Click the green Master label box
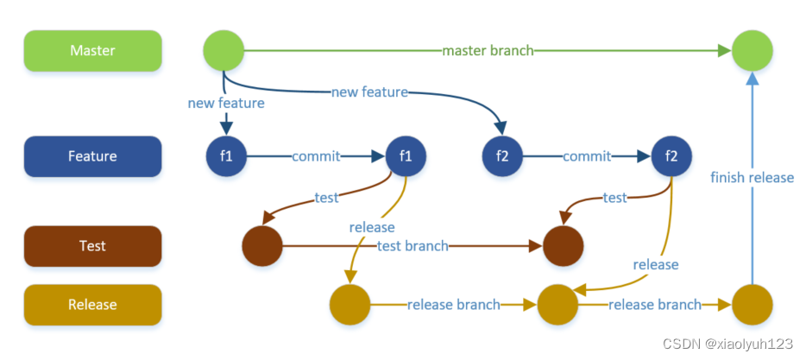point(92,50)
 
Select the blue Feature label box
point(92,156)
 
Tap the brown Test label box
point(92,246)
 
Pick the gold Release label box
point(92,305)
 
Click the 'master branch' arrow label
point(488,51)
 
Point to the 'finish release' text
point(752,177)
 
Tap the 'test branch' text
point(413,246)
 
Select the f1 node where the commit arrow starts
point(226,156)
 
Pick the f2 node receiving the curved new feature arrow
point(503,156)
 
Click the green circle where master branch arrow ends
point(752,50)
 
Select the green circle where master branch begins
point(224,50)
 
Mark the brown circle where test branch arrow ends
point(563,246)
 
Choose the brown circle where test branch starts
point(262,246)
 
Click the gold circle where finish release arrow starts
point(752,305)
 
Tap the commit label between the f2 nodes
point(587,156)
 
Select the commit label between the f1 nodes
point(316,156)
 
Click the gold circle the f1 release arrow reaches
point(349,305)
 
